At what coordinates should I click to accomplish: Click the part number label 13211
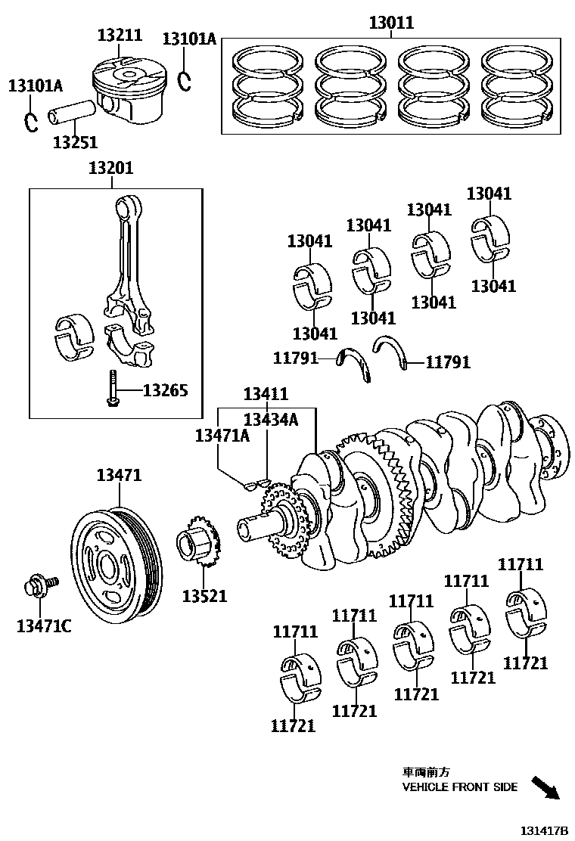pos(119,35)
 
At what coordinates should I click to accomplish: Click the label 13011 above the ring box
pos(391,23)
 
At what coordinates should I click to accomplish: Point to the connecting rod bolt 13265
pos(113,389)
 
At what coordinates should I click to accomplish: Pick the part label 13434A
pos(271,420)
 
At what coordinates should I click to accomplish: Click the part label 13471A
pos(222,435)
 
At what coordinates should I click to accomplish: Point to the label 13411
pos(266,393)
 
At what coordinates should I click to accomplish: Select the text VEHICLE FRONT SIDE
pos(459,787)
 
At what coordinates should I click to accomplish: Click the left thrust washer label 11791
pos(296,358)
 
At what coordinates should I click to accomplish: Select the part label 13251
pos(75,141)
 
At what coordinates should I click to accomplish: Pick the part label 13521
pos(204,596)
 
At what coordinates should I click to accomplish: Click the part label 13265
pos(165,390)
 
